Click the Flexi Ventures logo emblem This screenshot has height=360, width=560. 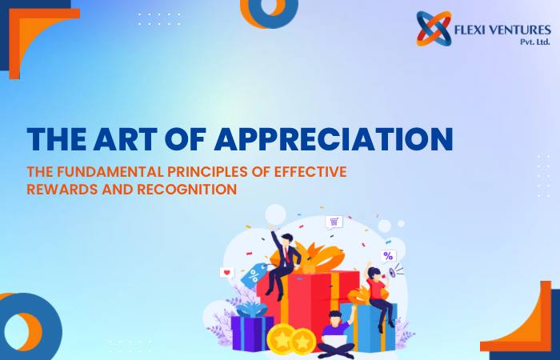[x=434, y=29]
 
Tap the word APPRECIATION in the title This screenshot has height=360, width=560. [x=334, y=138]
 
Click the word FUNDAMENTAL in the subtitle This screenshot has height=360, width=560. [x=110, y=172]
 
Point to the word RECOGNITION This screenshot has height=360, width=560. [x=186, y=190]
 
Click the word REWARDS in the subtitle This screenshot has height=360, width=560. [x=62, y=190]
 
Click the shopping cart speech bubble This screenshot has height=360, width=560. [x=334, y=222]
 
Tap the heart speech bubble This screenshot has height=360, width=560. [x=226, y=274]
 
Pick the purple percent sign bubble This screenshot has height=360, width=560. [x=388, y=256]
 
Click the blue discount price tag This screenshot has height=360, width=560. [x=254, y=275]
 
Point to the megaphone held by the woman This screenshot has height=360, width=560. [x=393, y=273]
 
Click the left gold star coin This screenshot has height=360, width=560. [x=281, y=339]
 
